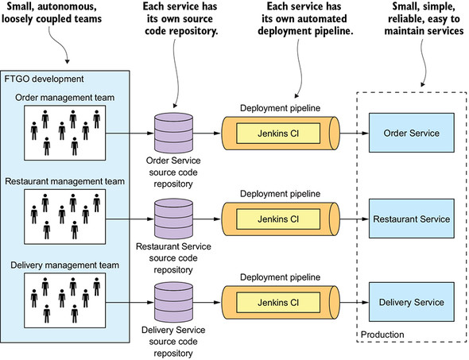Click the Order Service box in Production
tap(411, 133)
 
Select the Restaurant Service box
tap(411, 219)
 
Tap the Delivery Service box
tap(411, 302)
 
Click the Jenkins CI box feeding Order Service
tap(278, 134)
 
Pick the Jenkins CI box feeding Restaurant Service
tap(278, 219)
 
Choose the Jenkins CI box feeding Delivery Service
tap(278, 303)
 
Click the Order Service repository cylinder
tap(173, 133)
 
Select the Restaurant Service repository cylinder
tap(173, 219)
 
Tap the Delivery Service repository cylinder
tap(173, 302)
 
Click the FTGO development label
tap(44, 79)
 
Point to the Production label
tap(382, 335)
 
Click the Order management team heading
tap(64, 98)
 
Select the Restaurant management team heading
tap(64, 181)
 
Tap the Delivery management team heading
tap(64, 265)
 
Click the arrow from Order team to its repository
tap(130, 133)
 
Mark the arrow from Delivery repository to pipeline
tap(207, 302)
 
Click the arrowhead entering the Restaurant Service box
tap(365, 219)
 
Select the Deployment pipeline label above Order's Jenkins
tap(280, 108)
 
